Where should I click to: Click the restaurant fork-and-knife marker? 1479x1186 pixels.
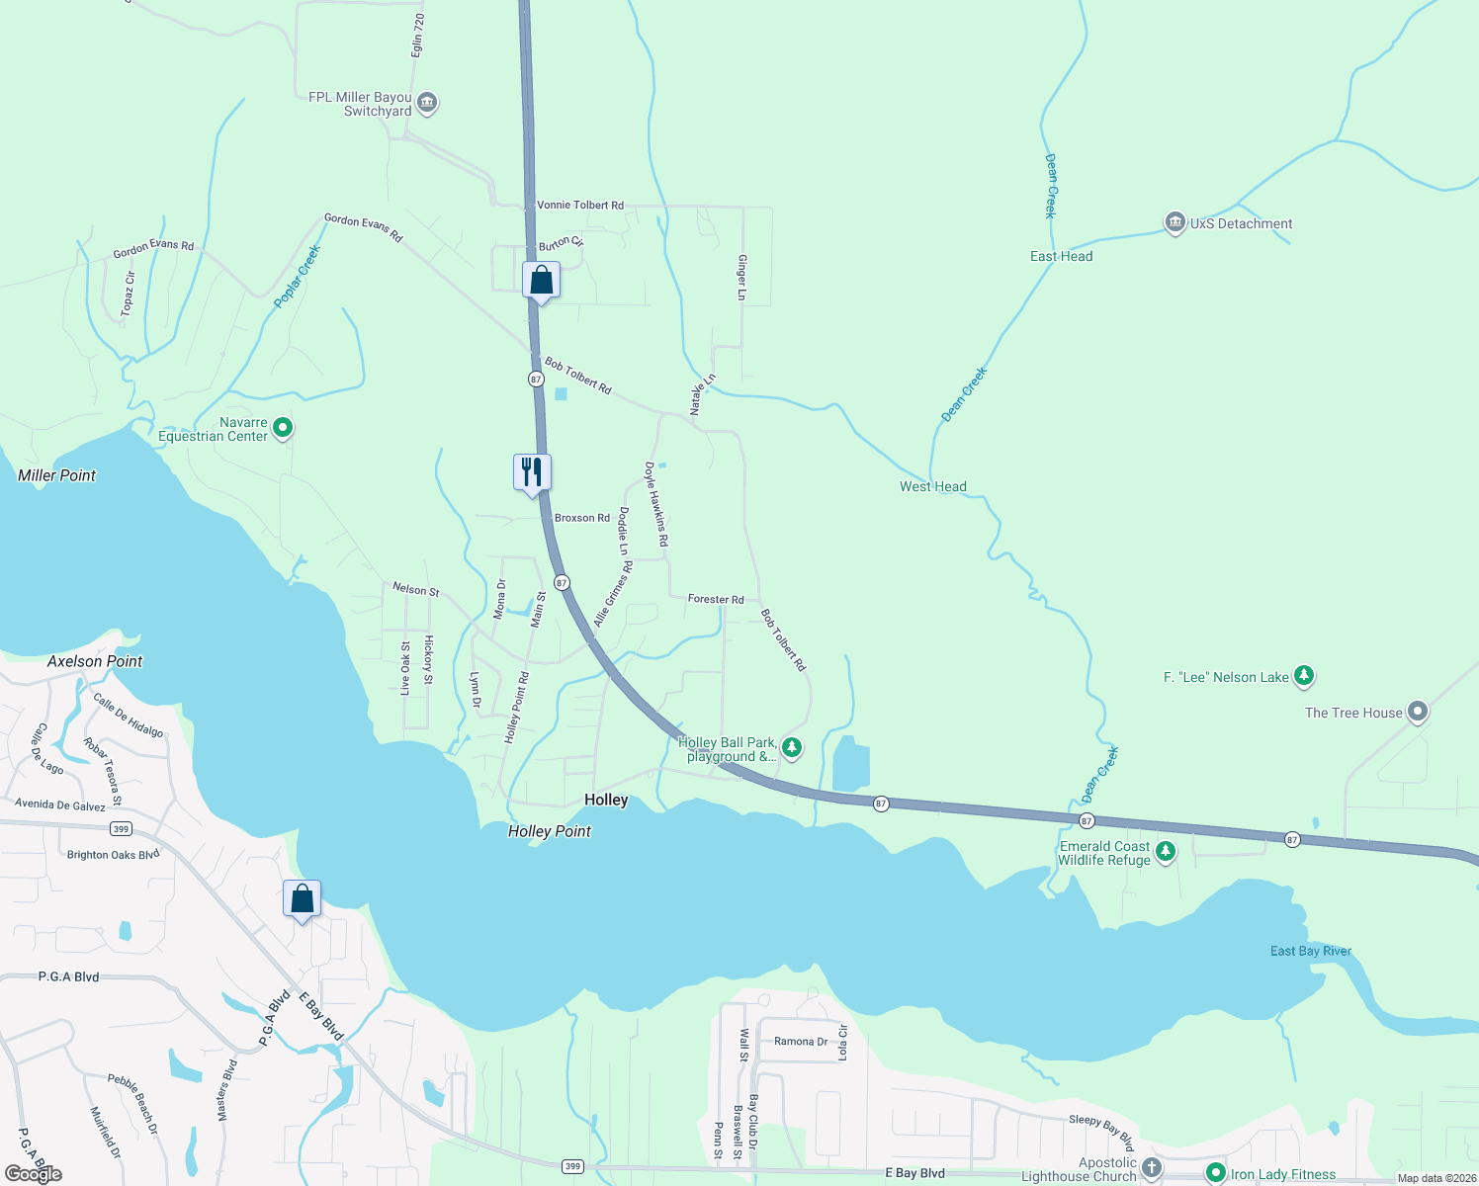coord(532,472)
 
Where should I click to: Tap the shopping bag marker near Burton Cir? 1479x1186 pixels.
coord(541,281)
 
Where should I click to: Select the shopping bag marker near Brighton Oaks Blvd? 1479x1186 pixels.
coord(303,899)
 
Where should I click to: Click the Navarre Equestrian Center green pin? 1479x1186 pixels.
coord(283,428)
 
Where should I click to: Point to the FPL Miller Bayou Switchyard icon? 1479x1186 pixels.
coord(427,102)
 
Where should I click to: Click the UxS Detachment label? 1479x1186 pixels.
coord(1241,224)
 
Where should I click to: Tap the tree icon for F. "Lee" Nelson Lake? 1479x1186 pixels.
coord(1304,676)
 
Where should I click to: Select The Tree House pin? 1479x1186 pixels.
coord(1418,712)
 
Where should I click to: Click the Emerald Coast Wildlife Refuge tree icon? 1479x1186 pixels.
coord(1166,851)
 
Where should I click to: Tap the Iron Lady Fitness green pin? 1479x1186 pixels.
coord(1216,1173)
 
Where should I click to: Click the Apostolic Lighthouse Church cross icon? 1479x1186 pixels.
coord(1151,1168)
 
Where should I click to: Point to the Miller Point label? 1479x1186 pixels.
coord(57,475)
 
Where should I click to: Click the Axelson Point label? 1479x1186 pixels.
coord(95,661)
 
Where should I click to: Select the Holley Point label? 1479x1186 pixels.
coord(549,831)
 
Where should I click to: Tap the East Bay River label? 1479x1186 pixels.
coord(1310,951)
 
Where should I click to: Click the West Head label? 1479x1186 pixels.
coord(932,486)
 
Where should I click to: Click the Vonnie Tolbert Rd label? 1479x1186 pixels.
coord(580,206)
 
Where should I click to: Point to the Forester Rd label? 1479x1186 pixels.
coord(716,600)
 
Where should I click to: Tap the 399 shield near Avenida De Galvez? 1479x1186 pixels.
coord(121,828)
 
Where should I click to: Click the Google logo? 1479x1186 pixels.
coord(34,1173)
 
